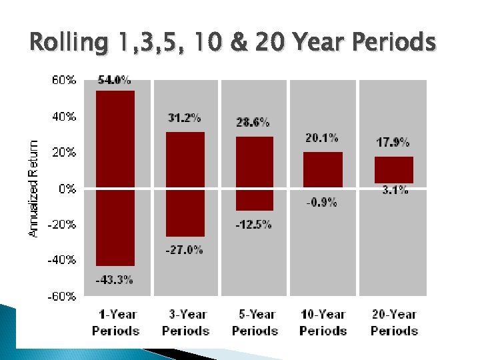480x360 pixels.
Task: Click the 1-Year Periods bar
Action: (x=115, y=178)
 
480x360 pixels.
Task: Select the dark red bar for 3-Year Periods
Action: (x=185, y=184)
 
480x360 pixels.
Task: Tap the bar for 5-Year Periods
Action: (x=255, y=173)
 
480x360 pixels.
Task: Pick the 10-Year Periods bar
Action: (x=323, y=169)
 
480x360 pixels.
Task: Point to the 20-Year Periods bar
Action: (x=394, y=170)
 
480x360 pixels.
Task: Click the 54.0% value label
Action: (x=114, y=80)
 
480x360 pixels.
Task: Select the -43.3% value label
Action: (x=114, y=279)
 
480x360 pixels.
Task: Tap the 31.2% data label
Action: (x=185, y=118)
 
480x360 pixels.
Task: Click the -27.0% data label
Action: (x=185, y=250)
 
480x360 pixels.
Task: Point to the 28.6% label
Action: (x=253, y=122)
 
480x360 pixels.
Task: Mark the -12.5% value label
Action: (x=253, y=225)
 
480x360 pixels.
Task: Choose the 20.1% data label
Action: (x=322, y=138)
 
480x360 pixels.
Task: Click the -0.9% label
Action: (x=322, y=202)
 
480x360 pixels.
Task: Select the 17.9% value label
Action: (x=393, y=142)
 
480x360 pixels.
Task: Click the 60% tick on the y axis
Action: (x=65, y=80)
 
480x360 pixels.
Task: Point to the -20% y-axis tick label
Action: (x=62, y=225)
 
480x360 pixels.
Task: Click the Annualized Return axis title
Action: (x=33, y=187)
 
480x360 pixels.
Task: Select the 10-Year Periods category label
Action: (x=323, y=322)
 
